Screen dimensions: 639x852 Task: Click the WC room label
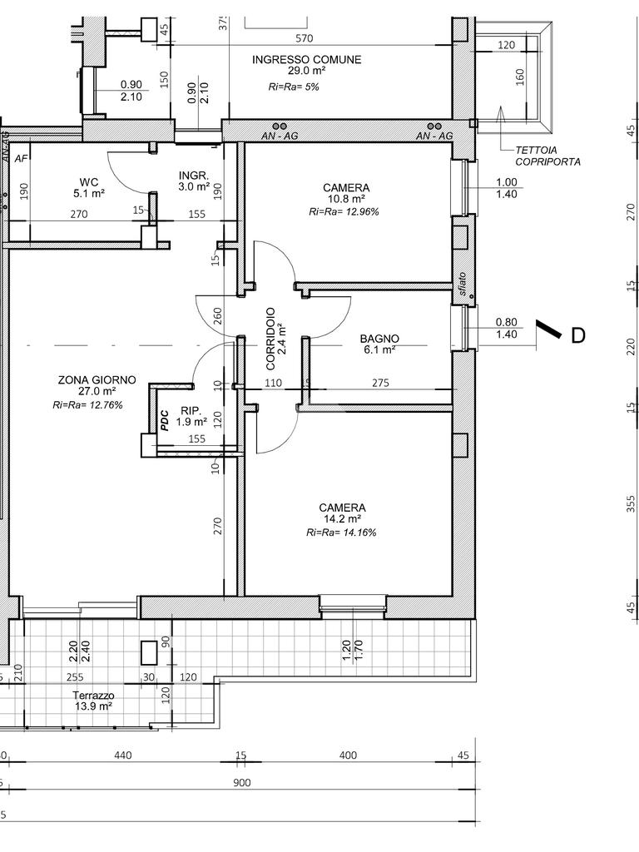(89, 182)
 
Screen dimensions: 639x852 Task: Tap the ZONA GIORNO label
(97, 380)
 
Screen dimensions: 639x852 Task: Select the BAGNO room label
(379, 339)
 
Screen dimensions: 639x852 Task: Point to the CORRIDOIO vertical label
(270, 339)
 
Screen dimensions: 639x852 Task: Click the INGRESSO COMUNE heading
(306, 60)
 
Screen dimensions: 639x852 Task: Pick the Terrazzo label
(93, 696)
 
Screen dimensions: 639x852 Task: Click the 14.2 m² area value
(342, 519)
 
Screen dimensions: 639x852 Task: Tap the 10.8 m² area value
(345, 200)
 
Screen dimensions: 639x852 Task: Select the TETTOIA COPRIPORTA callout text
(547, 156)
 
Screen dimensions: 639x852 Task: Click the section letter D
(578, 336)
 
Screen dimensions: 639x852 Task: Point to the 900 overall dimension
(242, 783)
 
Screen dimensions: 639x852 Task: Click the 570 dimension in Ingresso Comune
(305, 38)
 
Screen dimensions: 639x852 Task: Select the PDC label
(165, 420)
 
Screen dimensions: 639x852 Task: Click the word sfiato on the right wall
(462, 283)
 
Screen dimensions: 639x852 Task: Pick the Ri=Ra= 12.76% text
(87, 405)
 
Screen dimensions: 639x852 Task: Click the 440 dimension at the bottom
(123, 755)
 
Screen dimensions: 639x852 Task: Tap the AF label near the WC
(21, 158)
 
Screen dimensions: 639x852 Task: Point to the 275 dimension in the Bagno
(380, 383)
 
